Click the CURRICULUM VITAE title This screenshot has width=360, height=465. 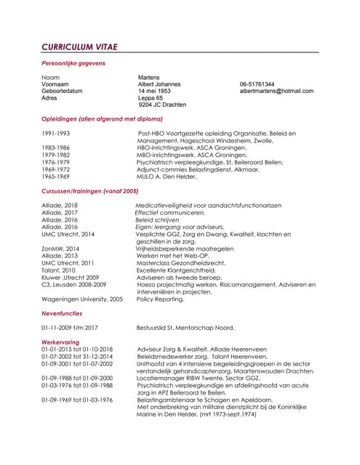pyautogui.click(x=79, y=47)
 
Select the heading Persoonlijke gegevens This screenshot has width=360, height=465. pyautogui.click(x=73, y=63)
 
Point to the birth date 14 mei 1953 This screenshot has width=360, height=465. pyautogui.click(x=155, y=91)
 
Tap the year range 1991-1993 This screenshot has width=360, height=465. pyautogui.click(x=56, y=134)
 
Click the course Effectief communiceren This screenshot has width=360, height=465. pyautogui.click(x=170, y=212)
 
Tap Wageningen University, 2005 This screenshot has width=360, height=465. pyautogui.click(x=82, y=299)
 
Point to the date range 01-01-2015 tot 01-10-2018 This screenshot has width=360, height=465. pyautogui.click(x=77, y=349)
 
